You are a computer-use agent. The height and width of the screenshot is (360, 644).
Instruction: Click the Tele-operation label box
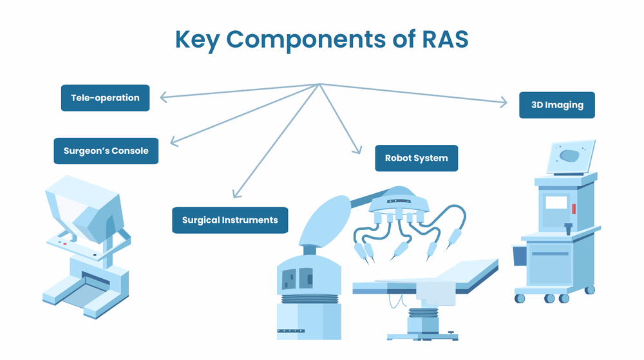pos(105,98)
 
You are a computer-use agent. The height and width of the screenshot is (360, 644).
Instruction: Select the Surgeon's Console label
pos(106,151)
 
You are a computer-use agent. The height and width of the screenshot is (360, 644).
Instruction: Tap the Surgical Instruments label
pos(230,220)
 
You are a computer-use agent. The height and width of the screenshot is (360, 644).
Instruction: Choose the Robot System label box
pos(416,158)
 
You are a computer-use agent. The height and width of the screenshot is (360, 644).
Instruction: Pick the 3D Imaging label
pos(556,105)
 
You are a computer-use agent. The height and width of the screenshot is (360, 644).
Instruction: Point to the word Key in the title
pos(197,40)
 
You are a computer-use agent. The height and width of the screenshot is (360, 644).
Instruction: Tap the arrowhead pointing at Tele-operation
pos(162,98)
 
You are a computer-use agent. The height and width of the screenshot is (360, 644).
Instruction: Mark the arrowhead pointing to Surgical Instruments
pos(236,193)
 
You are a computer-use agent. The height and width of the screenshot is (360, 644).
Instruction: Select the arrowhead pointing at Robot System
pos(357,150)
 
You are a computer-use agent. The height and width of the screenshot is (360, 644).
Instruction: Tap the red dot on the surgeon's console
pos(64,244)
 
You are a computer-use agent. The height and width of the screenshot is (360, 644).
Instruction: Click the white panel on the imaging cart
pos(556,203)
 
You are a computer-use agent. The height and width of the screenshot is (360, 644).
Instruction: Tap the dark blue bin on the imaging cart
pos(519,255)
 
